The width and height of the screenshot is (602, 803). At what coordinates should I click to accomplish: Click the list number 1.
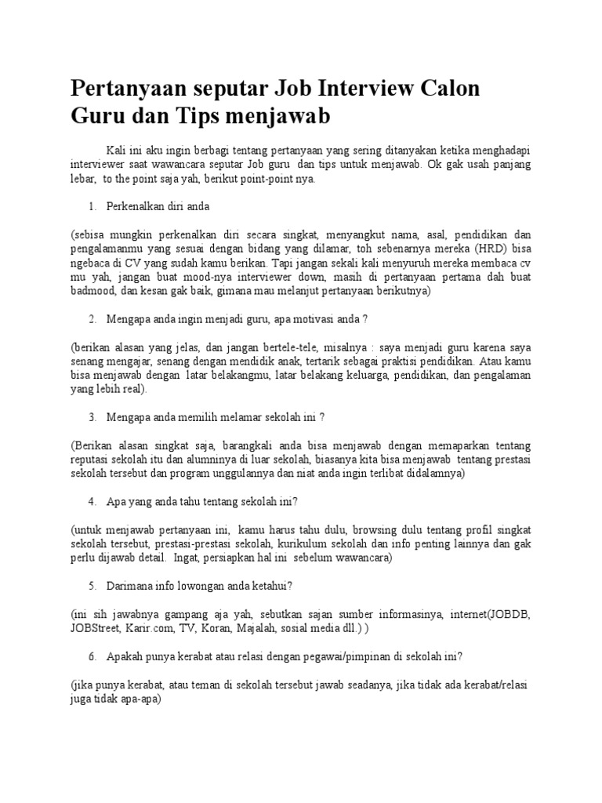92,206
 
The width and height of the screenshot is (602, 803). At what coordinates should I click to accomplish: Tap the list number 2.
92,319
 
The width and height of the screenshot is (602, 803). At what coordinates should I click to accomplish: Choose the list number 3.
92,418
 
